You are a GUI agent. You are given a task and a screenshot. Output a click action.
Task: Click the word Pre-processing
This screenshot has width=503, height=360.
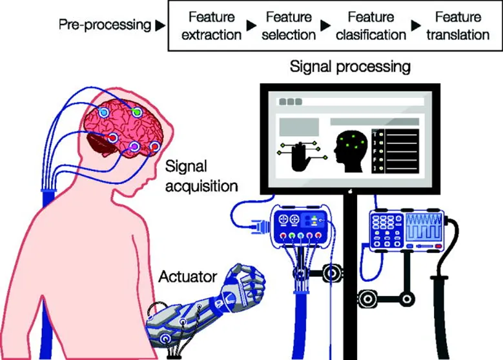104,26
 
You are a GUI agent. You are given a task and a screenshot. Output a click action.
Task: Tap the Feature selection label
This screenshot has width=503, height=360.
287,26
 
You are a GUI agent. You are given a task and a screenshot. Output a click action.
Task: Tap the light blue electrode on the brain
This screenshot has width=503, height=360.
103,113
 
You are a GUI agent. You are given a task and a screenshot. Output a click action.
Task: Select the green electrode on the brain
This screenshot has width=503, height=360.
136,112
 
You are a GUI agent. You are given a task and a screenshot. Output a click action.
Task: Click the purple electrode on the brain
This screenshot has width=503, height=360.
134,148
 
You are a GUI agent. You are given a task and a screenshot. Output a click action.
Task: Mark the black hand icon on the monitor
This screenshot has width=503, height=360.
300,156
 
